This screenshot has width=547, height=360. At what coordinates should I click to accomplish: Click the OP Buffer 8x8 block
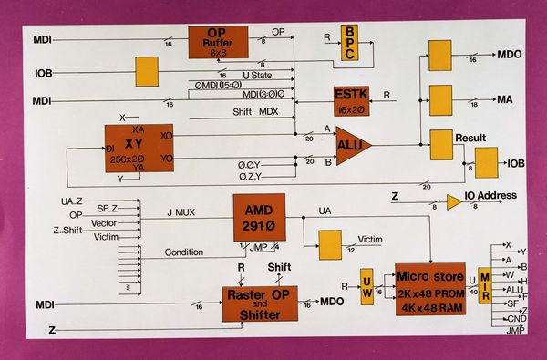click(218, 42)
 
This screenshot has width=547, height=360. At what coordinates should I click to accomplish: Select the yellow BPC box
click(350, 43)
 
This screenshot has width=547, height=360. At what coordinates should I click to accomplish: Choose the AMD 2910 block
click(259, 216)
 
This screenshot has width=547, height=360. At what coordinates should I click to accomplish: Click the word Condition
click(184, 252)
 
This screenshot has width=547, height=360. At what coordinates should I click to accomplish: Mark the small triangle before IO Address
click(453, 201)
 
